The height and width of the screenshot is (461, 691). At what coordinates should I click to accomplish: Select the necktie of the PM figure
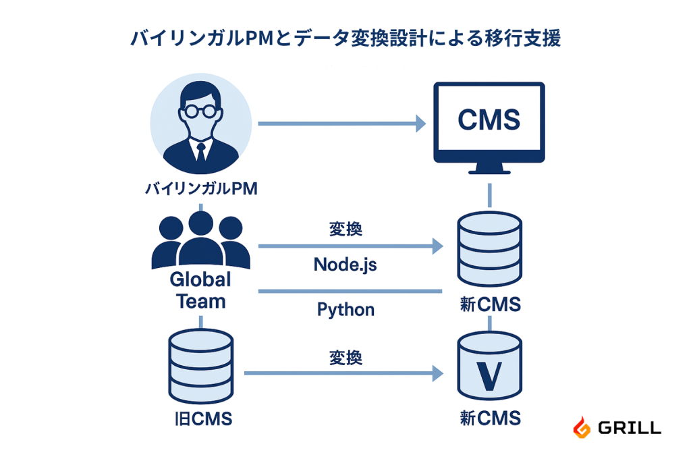tap(200, 152)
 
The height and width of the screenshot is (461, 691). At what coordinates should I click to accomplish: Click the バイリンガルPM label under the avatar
tap(201, 189)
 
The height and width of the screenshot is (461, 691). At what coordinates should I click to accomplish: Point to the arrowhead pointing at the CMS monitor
tap(420, 124)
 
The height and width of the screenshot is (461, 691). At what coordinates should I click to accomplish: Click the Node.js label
tap(345, 265)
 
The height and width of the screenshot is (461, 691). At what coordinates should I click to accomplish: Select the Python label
tap(345, 310)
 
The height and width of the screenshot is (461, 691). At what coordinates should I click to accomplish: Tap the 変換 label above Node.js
tap(345, 229)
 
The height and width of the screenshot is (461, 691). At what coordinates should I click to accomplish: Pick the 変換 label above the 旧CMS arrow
tap(345, 357)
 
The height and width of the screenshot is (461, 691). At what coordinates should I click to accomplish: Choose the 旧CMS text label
tap(202, 419)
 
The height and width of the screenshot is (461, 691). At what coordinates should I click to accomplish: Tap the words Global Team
tap(200, 290)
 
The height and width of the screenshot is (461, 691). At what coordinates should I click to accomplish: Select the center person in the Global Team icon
tap(200, 240)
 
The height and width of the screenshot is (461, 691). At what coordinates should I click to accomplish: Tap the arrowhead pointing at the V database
tap(438, 373)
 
